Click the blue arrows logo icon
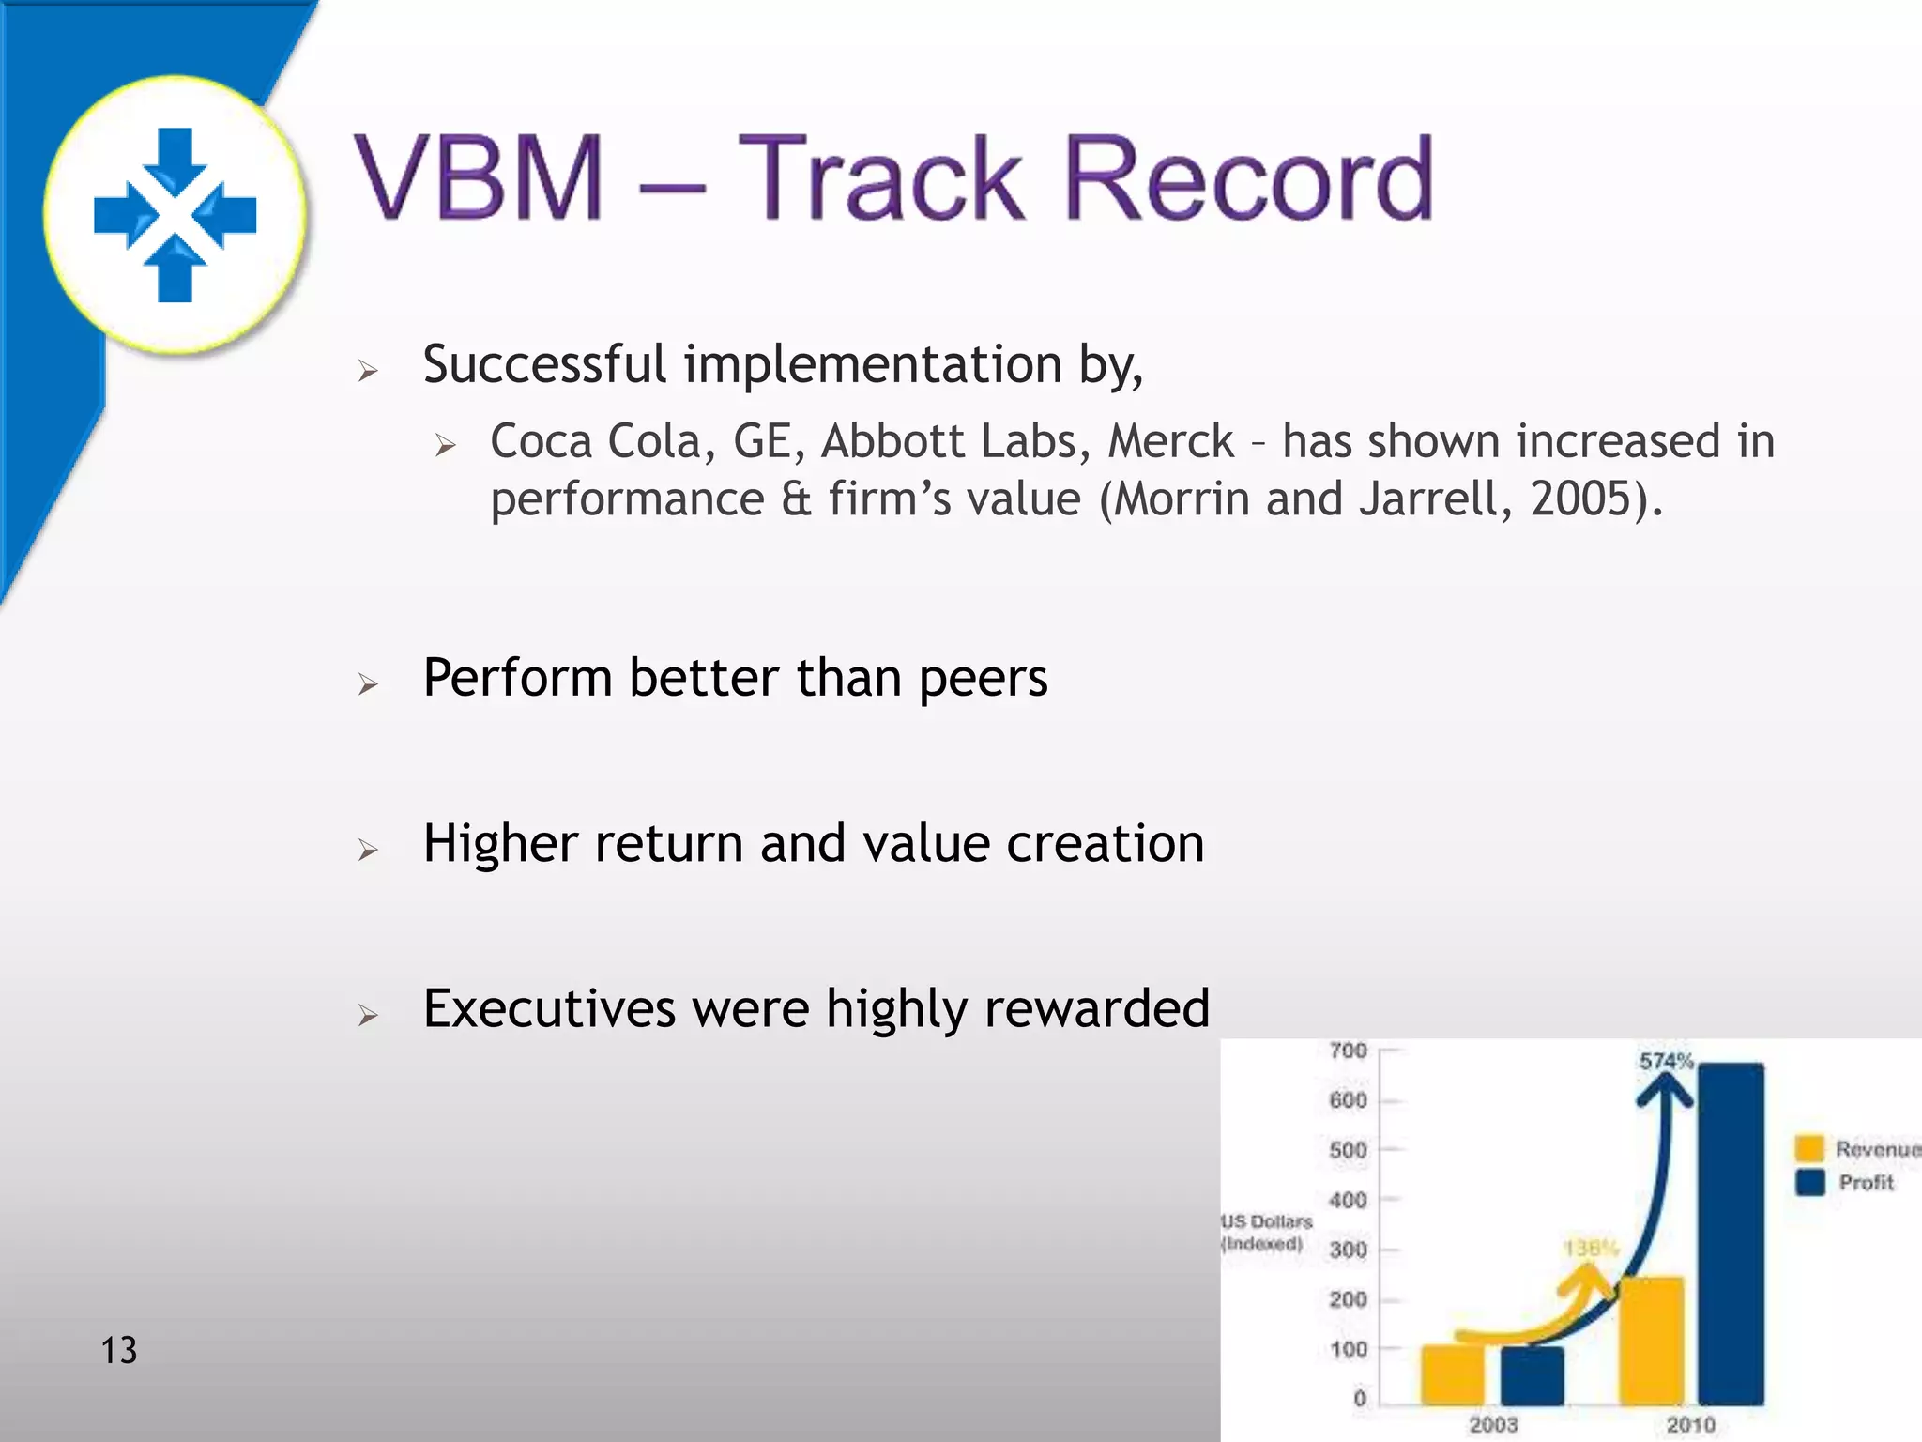pyautogui.click(x=175, y=215)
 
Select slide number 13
pyautogui.click(x=119, y=1350)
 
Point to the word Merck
pyautogui.click(x=1170, y=441)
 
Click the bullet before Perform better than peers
pyautogui.click(x=368, y=683)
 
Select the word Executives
pyautogui.click(x=549, y=1009)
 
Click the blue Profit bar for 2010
pyautogui.click(x=1731, y=1234)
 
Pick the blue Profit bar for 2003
pyautogui.click(x=1532, y=1375)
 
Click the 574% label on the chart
pyautogui.click(x=1666, y=1062)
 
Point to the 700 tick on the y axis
pyautogui.click(x=1348, y=1051)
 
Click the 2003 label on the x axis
pyautogui.click(x=1493, y=1424)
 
